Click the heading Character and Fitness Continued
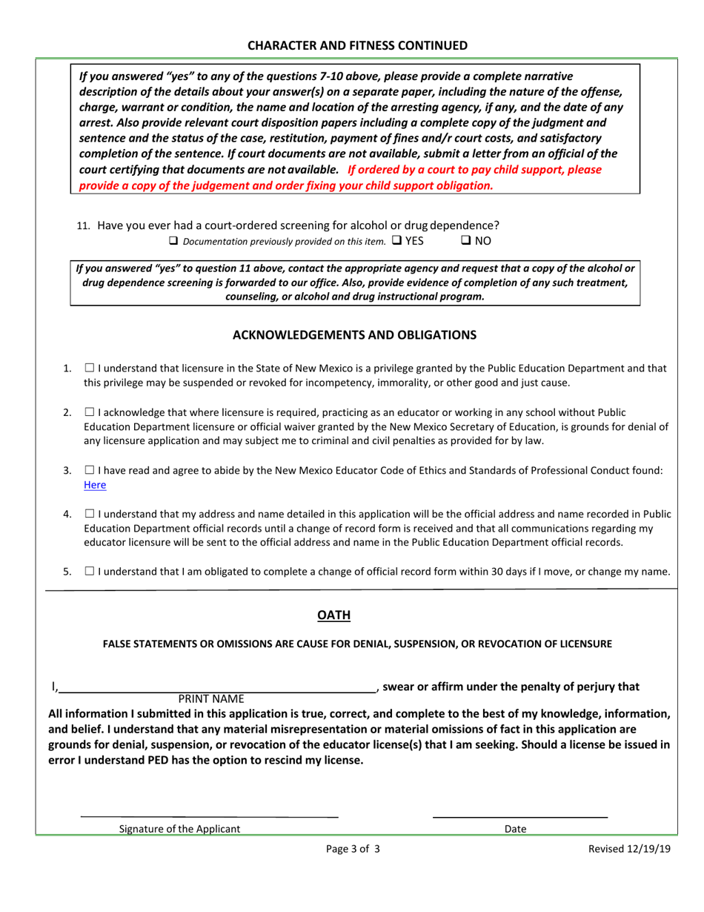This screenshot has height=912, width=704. [x=357, y=45]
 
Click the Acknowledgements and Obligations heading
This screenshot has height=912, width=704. [x=355, y=335]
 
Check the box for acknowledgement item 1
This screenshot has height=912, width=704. [x=89, y=368]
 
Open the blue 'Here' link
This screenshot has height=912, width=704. [x=95, y=485]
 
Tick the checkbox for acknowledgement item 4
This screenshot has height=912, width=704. [x=89, y=512]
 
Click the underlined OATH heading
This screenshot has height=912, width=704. [x=333, y=615]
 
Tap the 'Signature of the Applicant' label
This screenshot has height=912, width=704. [x=179, y=829]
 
